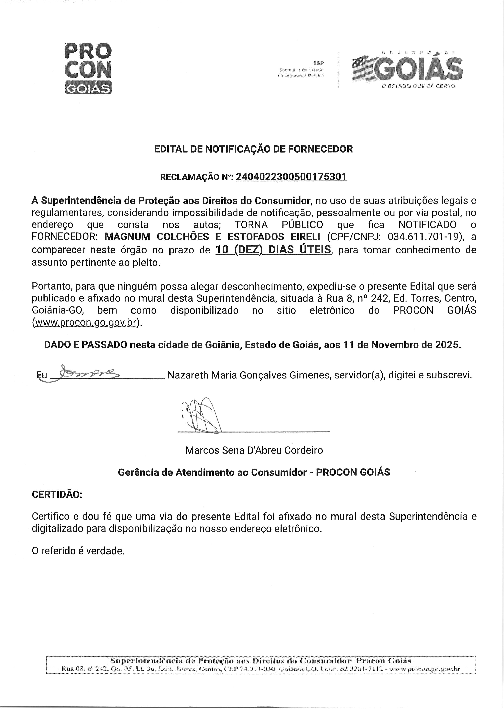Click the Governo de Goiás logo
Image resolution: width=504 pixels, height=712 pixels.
(x=407, y=68)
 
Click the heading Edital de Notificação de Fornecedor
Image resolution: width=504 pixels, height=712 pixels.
(x=253, y=149)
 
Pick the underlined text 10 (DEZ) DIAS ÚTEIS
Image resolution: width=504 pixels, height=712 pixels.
(x=273, y=250)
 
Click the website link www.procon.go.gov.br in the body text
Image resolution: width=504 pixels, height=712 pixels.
(x=86, y=323)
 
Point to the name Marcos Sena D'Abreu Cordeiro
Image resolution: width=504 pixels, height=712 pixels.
(x=254, y=450)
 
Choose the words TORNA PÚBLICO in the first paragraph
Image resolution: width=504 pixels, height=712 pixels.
(x=279, y=224)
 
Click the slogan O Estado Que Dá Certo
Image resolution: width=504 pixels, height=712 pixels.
(x=418, y=86)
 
